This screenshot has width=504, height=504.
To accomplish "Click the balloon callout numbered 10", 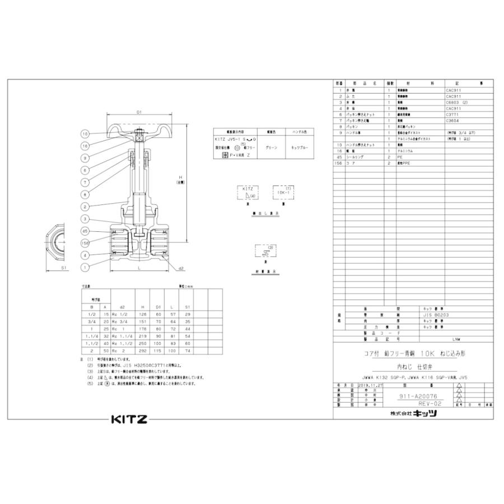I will tap(85, 134).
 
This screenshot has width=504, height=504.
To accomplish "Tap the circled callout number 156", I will tap(85, 242).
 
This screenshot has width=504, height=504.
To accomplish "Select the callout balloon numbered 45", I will tap(85, 230).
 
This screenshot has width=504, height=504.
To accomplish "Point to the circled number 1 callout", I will tap(85, 267).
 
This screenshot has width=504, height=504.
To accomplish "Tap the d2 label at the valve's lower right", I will tap(181, 268).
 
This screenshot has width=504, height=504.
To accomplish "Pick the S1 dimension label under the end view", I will tap(64, 268).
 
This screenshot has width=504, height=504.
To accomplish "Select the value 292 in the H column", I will tap(142, 351).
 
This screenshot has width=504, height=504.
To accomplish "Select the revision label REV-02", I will tap(430, 403).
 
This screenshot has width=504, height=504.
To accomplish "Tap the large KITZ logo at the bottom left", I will tap(128, 419).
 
